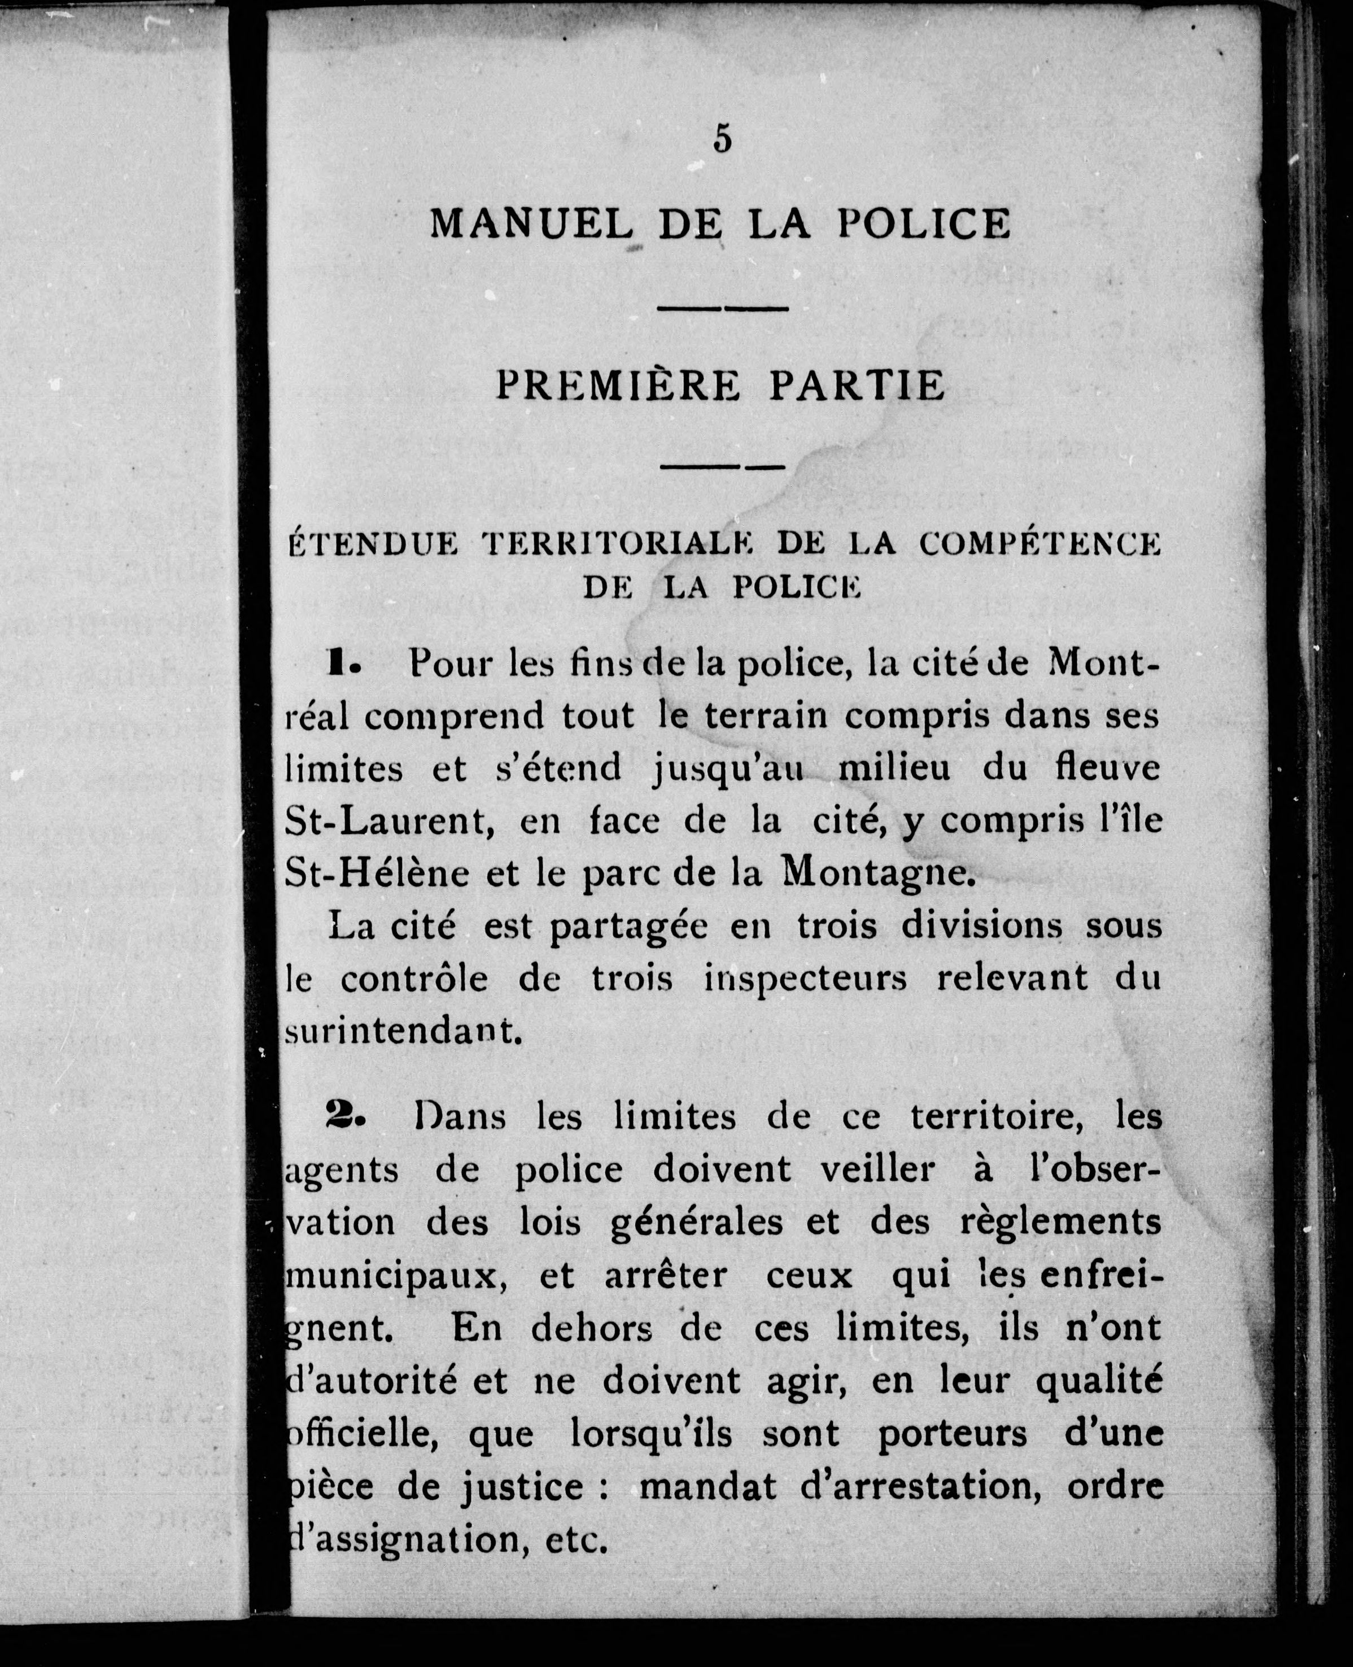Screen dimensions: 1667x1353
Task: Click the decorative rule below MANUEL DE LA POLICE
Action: tap(722, 309)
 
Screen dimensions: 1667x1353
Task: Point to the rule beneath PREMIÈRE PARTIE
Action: tap(722, 468)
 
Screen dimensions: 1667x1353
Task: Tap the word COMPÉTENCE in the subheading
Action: tap(1040, 545)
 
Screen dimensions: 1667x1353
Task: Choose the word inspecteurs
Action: tap(805, 979)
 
